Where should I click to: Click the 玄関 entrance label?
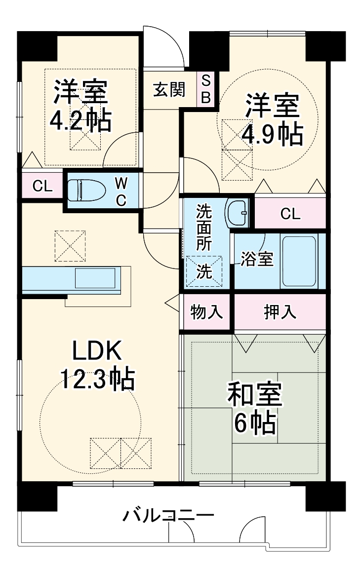(169, 90)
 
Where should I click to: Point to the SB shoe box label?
(206, 89)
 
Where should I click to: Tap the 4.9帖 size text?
(272, 133)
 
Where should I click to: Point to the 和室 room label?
(254, 395)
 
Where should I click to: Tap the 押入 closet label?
(280, 312)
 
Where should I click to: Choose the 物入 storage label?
(206, 312)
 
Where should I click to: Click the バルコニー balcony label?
(168, 517)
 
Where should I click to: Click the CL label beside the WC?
(42, 186)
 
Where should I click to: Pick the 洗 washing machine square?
(204, 272)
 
